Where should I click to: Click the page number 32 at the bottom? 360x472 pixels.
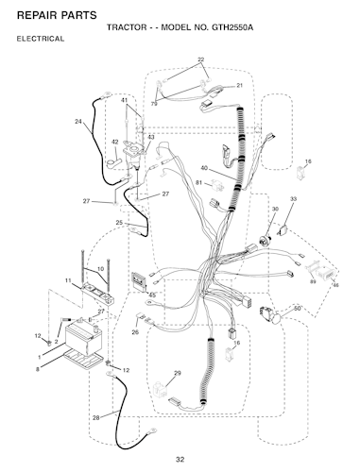180,460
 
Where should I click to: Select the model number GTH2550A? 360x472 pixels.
232,27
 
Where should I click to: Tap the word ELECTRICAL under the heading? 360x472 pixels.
41,39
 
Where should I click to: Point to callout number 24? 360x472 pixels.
78,121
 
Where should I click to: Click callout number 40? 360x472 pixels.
204,168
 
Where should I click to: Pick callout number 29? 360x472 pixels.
178,373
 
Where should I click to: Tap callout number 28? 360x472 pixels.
96,417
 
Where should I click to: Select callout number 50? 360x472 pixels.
297,309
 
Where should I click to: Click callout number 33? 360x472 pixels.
293,199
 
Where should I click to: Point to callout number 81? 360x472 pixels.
198,183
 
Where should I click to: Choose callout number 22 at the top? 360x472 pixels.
200,59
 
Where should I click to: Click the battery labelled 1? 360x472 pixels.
83,340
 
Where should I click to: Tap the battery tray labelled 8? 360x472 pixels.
84,359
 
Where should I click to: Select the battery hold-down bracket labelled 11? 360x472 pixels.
97,294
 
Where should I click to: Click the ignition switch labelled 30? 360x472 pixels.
264,241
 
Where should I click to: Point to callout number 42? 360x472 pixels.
115,143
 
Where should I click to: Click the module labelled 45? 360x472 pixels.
139,281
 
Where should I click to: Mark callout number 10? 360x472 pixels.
100,269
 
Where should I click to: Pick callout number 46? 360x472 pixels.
335,285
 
